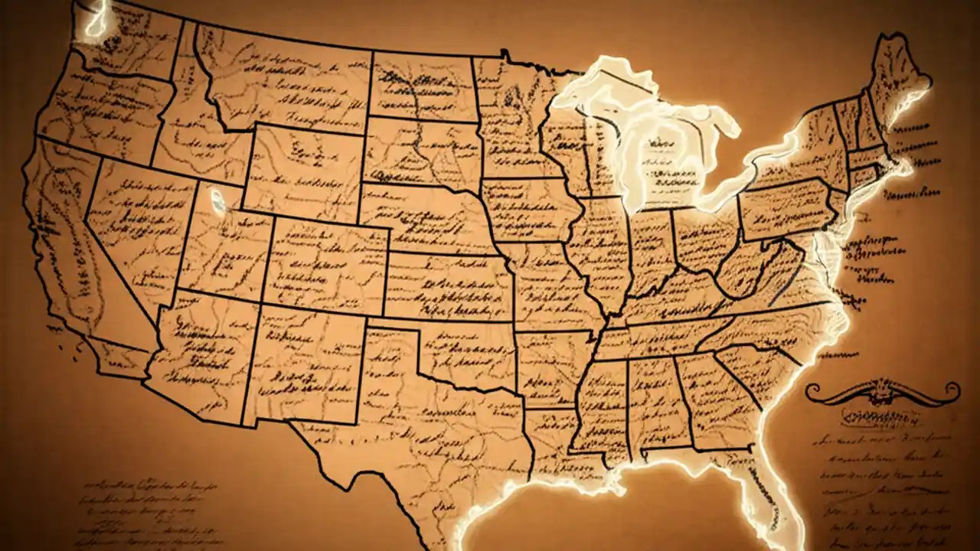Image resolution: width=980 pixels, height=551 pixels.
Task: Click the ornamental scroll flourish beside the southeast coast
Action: [881, 393]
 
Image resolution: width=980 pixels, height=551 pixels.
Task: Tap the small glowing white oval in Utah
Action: [218, 201]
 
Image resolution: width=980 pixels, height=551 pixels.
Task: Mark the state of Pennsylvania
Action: [785, 207]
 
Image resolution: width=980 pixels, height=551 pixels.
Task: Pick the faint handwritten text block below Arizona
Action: [145, 501]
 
